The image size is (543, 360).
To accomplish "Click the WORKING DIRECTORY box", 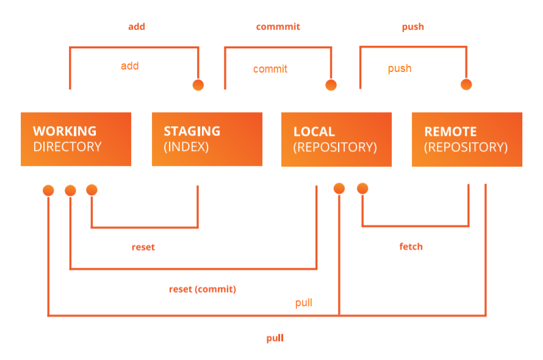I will click(76, 139).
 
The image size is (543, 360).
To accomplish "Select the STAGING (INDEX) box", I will click(207, 139).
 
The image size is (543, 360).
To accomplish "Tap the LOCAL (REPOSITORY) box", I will click(336, 139).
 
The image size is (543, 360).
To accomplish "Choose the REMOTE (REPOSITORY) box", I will click(467, 139).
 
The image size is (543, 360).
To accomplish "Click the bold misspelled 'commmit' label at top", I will click(278, 27).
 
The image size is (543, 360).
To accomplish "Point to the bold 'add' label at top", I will click(137, 27).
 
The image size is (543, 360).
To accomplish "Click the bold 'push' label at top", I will click(413, 27).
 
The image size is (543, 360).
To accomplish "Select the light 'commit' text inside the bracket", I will click(270, 69).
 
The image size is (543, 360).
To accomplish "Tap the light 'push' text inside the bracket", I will click(400, 68).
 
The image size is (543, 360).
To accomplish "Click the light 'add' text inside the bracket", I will click(130, 66).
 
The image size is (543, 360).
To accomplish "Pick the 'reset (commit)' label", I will click(202, 289).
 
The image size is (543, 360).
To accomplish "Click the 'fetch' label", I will click(411, 247).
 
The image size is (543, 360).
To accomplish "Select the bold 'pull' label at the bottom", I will click(275, 338).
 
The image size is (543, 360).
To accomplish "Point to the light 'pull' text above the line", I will click(304, 303).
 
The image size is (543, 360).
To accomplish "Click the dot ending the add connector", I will click(198, 85).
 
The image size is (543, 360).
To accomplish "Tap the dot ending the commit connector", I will click(331, 85).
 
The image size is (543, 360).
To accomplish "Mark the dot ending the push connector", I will click(466, 85).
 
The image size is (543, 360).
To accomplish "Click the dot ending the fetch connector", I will click(362, 189).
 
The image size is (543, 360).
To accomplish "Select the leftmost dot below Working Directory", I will click(48, 191).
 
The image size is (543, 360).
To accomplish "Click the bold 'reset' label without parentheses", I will click(143, 247).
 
